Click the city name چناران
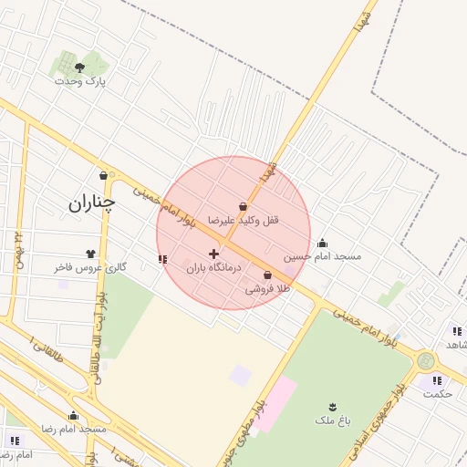[92, 203]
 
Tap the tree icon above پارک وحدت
[79, 67]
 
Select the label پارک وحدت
[79, 81]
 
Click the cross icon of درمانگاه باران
[213, 254]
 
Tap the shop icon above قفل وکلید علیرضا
[243, 207]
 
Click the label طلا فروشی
[266, 288]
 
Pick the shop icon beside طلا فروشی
[267, 275]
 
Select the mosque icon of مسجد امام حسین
[322, 243]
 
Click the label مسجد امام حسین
[322, 256]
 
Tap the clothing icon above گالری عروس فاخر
[90, 254]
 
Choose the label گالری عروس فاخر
[90, 267]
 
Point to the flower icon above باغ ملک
[332, 407]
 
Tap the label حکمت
[438, 393]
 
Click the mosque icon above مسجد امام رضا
[73, 416]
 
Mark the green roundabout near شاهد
[426, 361]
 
